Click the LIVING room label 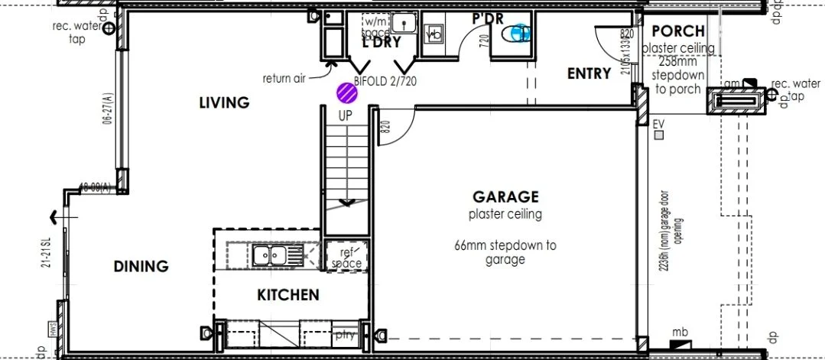click(224, 102)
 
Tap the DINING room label click(141, 267)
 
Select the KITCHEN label click(287, 295)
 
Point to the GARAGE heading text click(505, 197)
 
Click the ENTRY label click(589, 74)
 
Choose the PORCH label click(678, 31)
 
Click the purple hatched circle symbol click(348, 92)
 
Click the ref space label click(346, 256)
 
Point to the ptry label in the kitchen click(345, 335)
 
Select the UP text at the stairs click(346, 115)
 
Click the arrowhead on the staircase click(346, 203)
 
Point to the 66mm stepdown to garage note click(505, 252)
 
